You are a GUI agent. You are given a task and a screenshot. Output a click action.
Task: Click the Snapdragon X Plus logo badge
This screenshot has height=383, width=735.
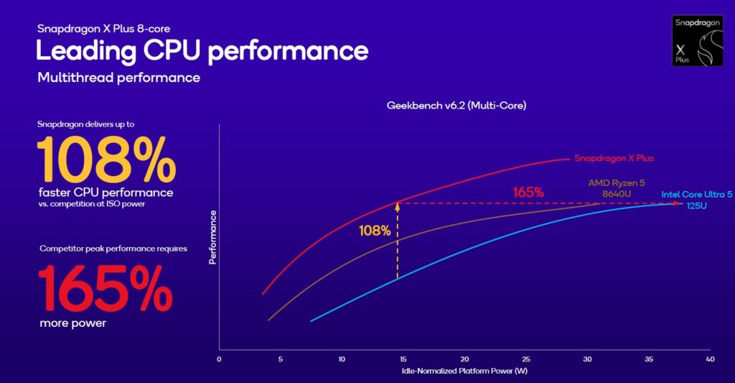[696, 40]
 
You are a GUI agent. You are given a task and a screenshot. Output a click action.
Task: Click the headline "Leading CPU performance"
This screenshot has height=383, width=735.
[202, 51]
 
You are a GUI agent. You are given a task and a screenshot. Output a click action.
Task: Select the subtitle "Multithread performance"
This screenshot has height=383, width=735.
[118, 77]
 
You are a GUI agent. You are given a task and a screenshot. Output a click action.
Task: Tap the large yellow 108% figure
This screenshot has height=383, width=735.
[106, 160]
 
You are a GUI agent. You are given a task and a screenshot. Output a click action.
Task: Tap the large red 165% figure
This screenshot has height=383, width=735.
[105, 287]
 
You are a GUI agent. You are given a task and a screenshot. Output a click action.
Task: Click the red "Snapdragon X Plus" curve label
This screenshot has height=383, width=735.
[614, 158]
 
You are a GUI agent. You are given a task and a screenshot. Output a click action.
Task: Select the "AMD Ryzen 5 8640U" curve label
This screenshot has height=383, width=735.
[616, 188]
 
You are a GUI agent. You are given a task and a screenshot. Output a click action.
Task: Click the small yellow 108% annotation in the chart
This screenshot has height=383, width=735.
[375, 231]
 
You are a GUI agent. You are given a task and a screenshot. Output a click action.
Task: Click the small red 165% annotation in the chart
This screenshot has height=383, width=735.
[528, 193]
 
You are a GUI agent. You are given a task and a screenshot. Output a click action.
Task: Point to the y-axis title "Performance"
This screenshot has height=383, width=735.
[213, 247]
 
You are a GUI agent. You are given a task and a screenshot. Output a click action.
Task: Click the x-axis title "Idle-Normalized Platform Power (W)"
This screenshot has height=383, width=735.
[464, 371]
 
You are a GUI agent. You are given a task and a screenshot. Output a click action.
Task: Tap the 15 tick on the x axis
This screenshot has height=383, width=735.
[403, 359]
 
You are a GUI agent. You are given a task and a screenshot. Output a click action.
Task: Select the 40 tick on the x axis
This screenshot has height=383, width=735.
[710, 359]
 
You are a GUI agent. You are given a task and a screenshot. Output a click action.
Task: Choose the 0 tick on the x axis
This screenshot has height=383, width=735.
[219, 359]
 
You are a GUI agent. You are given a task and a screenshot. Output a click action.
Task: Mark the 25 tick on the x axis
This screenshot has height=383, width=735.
[526, 359]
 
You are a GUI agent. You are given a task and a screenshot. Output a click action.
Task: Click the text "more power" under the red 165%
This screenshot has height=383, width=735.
[72, 323]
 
